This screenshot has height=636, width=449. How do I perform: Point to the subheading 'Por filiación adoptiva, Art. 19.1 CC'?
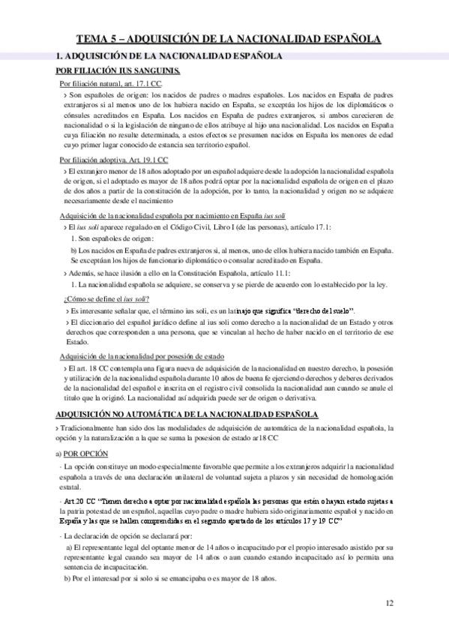[114, 160]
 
